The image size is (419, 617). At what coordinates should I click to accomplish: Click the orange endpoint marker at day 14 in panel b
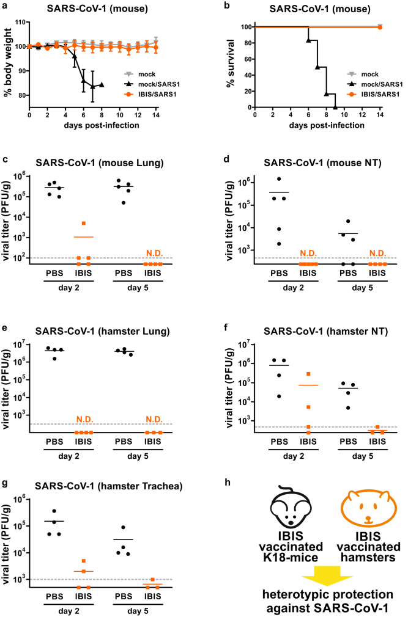tap(380, 27)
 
